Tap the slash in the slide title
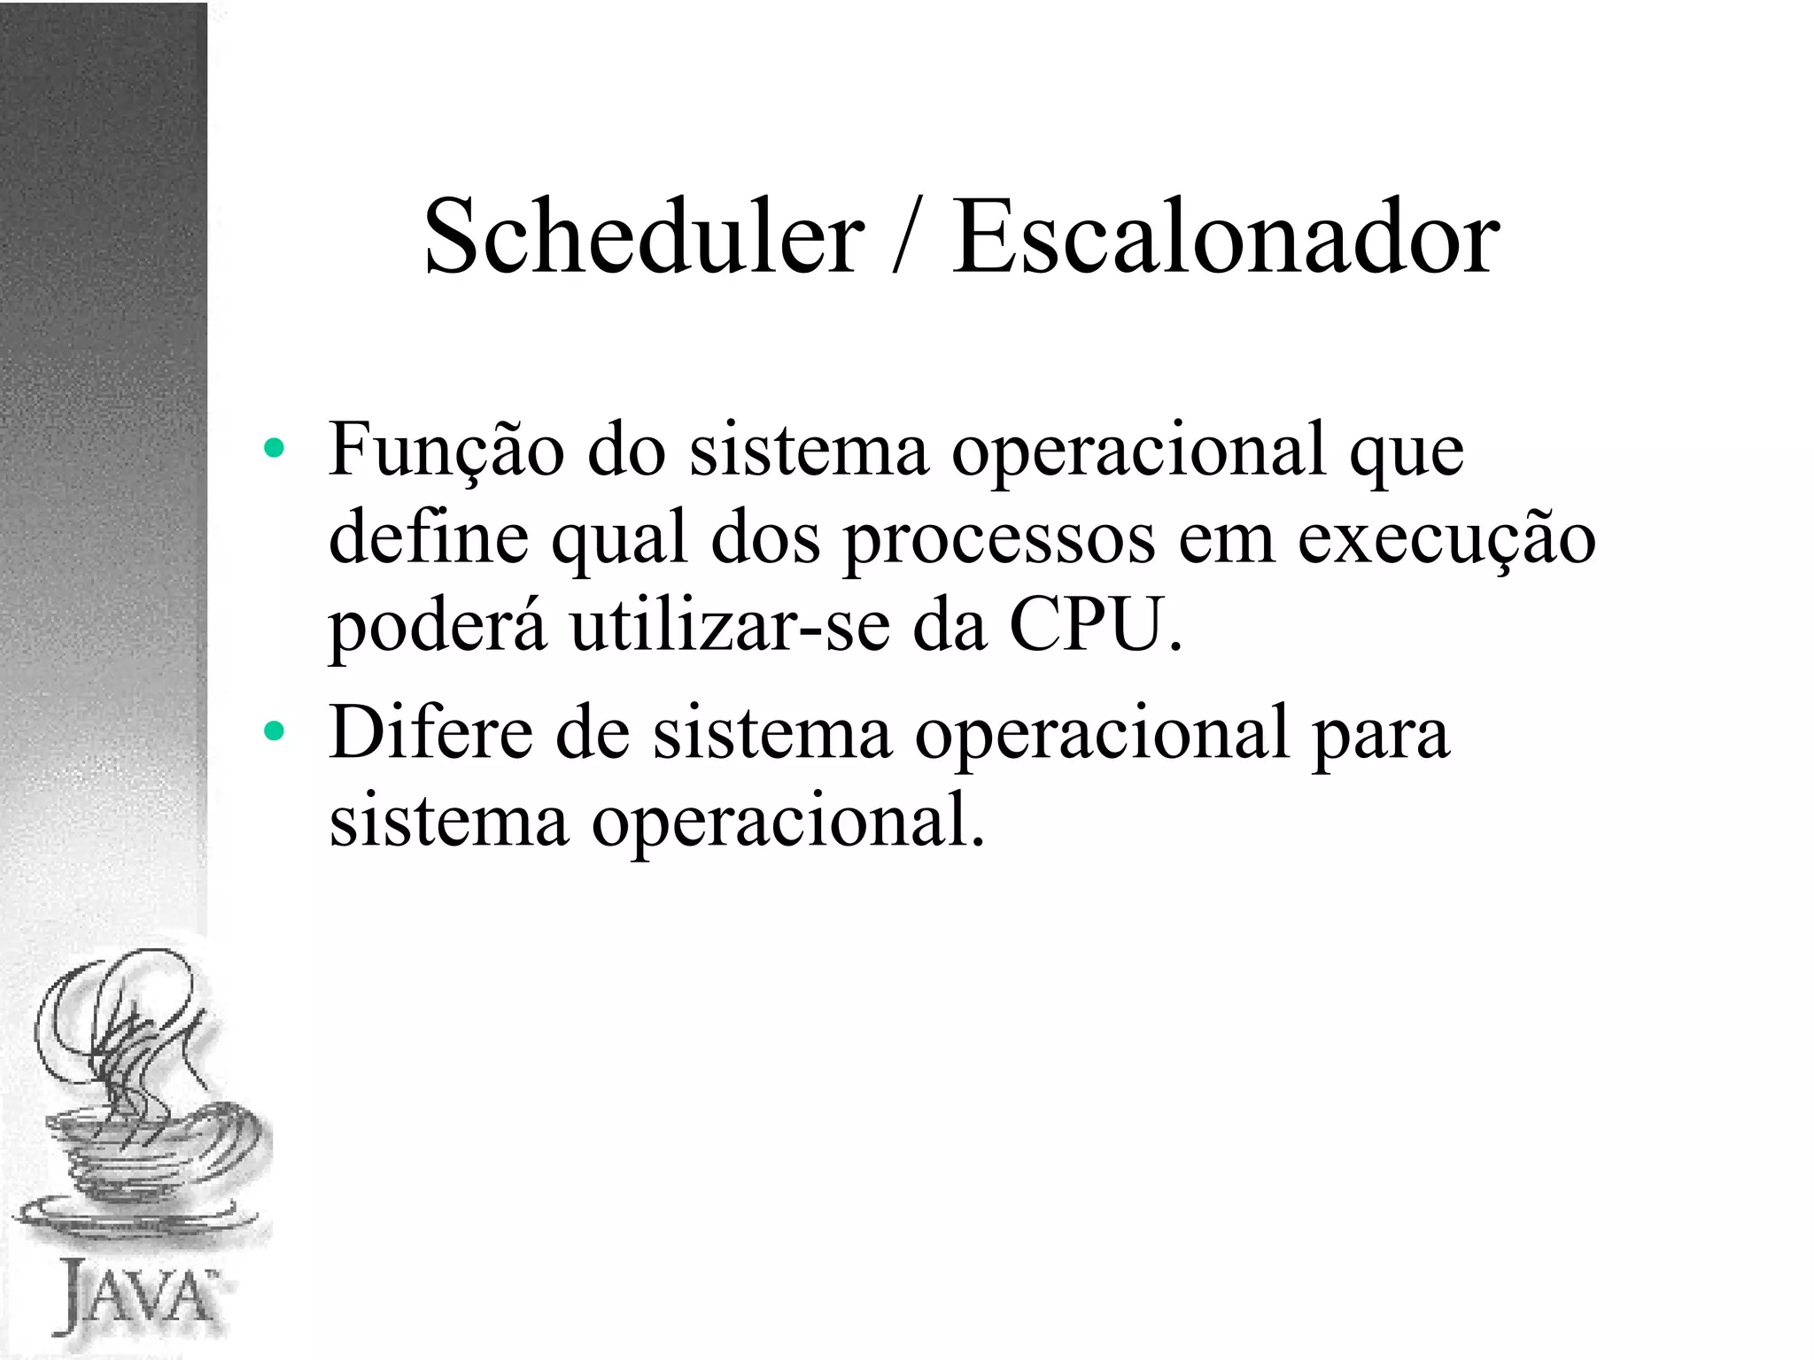(908, 237)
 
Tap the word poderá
(438, 627)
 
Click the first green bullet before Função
(274, 449)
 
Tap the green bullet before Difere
(274, 731)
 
